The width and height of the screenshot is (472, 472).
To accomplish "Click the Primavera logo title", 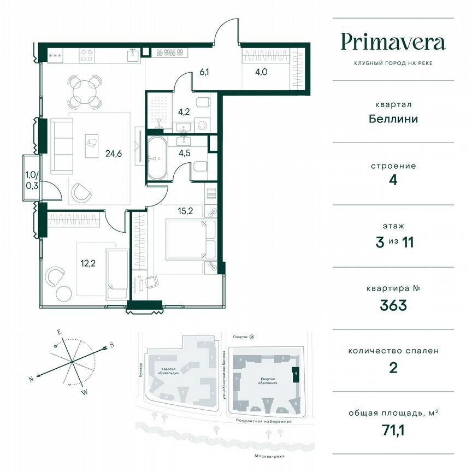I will pyautogui.click(x=393, y=42).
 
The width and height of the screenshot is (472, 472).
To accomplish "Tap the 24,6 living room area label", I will pyautogui.click(x=113, y=154).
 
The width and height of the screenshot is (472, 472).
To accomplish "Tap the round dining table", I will pyautogui.click(x=85, y=92).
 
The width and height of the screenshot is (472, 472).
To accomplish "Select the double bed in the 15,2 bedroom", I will pyautogui.click(x=186, y=239).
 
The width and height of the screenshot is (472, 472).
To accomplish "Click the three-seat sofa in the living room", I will pyautogui.click(x=61, y=146).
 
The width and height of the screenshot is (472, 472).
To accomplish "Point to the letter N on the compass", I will pyautogui.click(x=32, y=379).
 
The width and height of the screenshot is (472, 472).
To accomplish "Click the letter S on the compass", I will pyautogui.click(x=111, y=345).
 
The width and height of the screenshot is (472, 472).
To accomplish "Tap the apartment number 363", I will pyautogui.click(x=393, y=305).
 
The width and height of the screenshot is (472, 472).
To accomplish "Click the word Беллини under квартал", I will pyautogui.click(x=393, y=119).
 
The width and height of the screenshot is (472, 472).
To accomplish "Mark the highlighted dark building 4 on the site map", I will pyautogui.click(x=296, y=375).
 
